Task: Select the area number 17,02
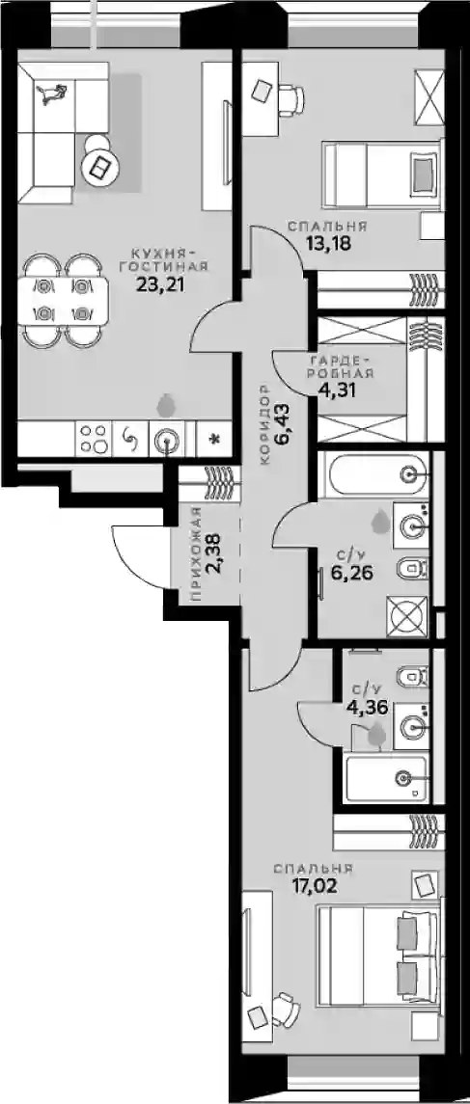pyautogui.click(x=314, y=884)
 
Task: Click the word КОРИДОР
pyautogui.click(x=265, y=424)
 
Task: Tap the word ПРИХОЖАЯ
pyautogui.click(x=197, y=554)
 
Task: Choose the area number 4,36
pyautogui.click(x=367, y=707)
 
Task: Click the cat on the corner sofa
pyautogui.click(x=53, y=93)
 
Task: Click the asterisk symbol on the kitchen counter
pyautogui.click(x=214, y=440)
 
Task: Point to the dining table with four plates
pyautogui.click(x=63, y=302)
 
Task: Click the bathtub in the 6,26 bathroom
pyautogui.click(x=373, y=473)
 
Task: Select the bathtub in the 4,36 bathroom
pyautogui.click(x=386, y=778)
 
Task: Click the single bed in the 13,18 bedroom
pyautogui.click(x=382, y=175)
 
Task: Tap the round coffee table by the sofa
pyautogui.click(x=100, y=166)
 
